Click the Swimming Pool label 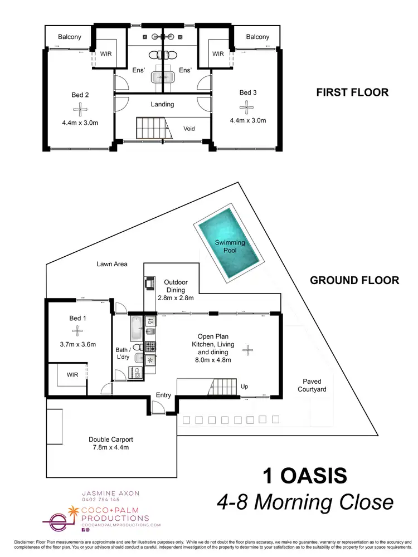[226, 246]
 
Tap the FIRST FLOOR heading [352, 92]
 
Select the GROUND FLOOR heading [354, 280]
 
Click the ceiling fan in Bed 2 [80, 109]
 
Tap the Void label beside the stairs [189, 129]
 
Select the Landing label [162, 104]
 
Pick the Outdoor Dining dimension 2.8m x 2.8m [176, 299]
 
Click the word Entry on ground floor [164, 395]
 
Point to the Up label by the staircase [244, 386]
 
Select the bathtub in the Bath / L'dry [137, 329]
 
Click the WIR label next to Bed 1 [72, 375]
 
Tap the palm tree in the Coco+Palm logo [74, 511]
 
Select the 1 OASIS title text [304, 476]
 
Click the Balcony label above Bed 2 [70, 37]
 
